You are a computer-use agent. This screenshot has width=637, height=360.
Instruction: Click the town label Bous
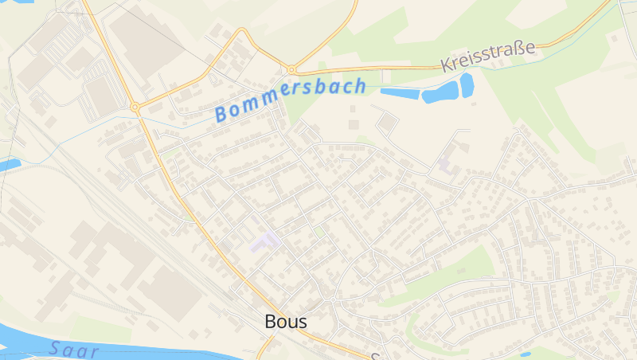pyautogui.click(x=285, y=322)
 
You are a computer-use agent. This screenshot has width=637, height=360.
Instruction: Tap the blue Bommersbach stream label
pyautogui.click(x=290, y=100)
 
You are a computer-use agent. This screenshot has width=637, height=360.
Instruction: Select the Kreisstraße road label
pyautogui.click(x=487, y=56)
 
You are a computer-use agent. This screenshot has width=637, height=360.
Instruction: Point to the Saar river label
pyautogui.click(x=73, y=349)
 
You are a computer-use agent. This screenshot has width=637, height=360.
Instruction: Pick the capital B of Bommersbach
pyautogui.click(x=221, y=115)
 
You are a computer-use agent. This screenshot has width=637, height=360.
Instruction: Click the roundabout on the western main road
pyautogui.click(x=135, y=106)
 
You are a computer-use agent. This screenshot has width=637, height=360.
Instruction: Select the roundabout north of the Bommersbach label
pyautogui.click(x=291, y=69)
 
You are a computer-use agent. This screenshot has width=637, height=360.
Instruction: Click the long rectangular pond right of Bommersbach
pyautogui.click(x=400, y=92)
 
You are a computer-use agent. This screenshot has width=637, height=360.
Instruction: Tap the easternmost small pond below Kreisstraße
pyautogui.click(x=467, y=84)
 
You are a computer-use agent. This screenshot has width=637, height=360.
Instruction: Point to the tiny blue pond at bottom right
pyautogui.click(x=525, y=354)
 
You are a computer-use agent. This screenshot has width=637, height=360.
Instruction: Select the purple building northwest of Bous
pyautogui.click(x=265, y=241)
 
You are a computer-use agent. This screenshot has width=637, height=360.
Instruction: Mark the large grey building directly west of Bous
pyautogui.click(x=171, y=291)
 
